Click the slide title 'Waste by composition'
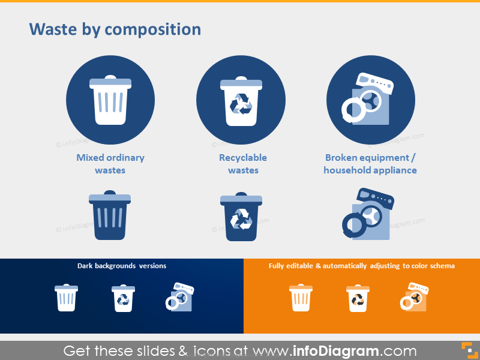click(115, 29)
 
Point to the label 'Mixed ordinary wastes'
click(110, 164)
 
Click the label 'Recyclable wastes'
click(243, 164)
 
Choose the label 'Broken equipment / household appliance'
click(370, 164)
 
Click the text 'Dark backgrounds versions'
click(122, 265)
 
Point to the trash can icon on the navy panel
click(66, 298)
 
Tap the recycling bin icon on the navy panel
click(123, 298)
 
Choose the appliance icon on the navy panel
click(179, 298)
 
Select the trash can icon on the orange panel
click(301, 298)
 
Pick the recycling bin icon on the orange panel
click(358, 298)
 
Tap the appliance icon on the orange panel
click(414, 298)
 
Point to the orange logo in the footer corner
click(466, 350)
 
